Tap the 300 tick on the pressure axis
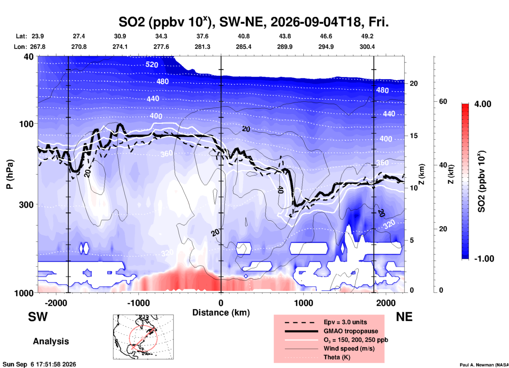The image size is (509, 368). coord(26,205)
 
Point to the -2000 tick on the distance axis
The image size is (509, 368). coord(56,303)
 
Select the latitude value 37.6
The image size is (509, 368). coord(202,36)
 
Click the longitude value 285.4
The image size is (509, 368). coord(244,47)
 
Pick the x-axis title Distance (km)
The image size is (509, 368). coord(221,313)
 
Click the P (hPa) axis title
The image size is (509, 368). coord(10,174)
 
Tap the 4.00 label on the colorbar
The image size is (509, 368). coord(483,104)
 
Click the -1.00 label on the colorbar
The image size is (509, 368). coord(484,258)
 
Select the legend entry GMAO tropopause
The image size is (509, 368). coord(351,331)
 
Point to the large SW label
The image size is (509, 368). coord(38,317)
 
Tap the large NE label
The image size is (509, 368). coord(404,317)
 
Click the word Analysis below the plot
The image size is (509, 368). coord(51,341)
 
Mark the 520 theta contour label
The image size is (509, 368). coord(152,64)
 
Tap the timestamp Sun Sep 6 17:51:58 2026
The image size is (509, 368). coord(39,364)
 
